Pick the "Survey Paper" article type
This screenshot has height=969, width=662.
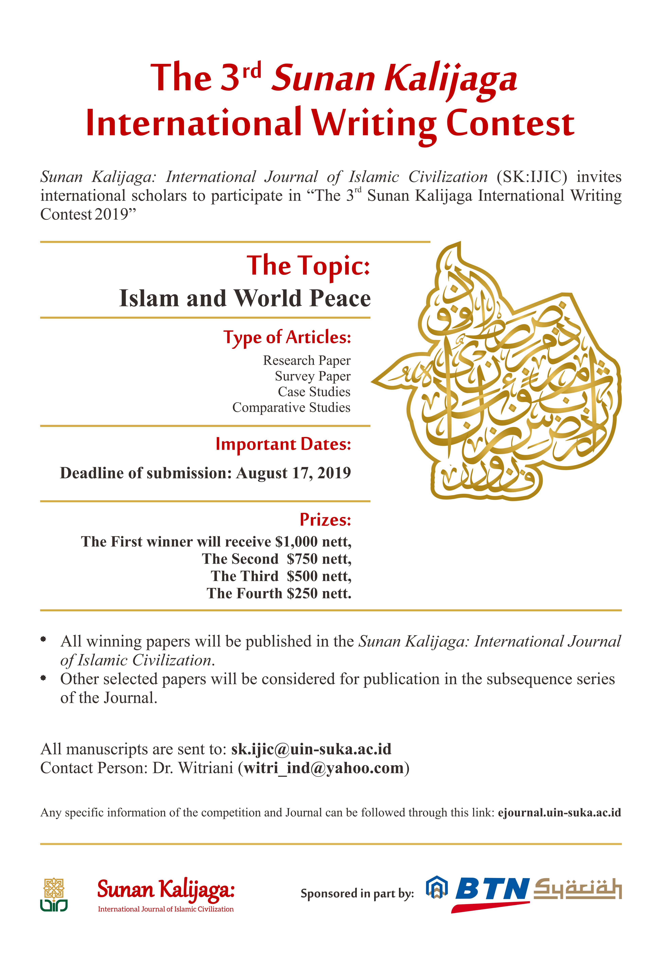313,376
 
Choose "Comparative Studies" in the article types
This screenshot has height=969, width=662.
291,407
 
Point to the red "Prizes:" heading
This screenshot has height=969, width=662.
325,519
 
